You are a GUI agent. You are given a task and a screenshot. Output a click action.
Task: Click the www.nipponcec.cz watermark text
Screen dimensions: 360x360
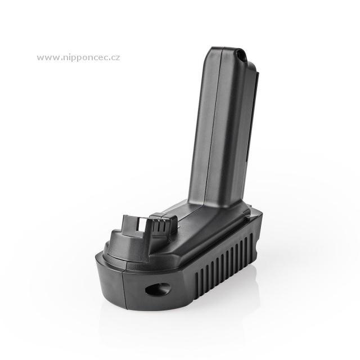click(x=78, y=57)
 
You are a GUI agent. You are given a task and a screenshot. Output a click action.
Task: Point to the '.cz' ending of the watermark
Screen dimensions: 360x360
click(x=114, y=58)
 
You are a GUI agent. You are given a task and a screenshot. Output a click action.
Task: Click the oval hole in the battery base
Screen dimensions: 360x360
click(x=157, y=289)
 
